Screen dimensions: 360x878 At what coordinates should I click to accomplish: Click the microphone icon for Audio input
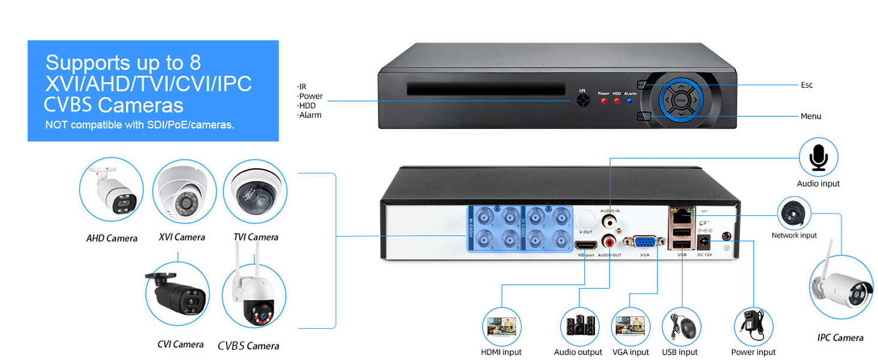818,157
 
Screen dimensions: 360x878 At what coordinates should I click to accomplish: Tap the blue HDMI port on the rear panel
585,245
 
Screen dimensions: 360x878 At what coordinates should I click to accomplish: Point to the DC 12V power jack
702,242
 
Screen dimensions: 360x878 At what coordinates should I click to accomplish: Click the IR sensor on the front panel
582,101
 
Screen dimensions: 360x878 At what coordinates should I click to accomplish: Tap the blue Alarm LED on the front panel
629,101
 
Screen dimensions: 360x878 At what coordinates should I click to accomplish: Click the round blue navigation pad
681,101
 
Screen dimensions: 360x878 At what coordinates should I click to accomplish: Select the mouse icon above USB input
681,327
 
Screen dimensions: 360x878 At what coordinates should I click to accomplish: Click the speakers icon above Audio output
579,327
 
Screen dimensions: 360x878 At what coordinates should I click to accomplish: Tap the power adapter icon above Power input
753,327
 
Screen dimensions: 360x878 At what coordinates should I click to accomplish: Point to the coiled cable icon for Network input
794,213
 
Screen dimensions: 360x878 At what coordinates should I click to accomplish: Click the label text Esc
807,85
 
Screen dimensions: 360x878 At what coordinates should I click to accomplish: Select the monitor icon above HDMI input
501,327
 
